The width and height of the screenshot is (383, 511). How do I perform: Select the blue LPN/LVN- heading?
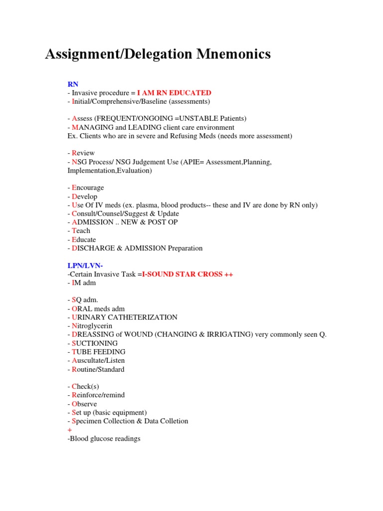[x=85, y=265]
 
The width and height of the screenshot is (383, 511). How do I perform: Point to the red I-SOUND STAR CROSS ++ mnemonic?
[x=188, y=274]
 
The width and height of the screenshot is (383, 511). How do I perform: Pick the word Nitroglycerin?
[x=92, y=326]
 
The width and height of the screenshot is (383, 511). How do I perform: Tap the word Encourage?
[x=88, y=188]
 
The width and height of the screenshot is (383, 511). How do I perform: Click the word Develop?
[x=85, y=197]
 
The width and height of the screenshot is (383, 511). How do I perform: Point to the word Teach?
[x=81, y=231]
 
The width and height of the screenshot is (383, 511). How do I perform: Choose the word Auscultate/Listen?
[x=98, y=360]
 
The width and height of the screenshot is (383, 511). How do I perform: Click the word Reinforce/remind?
[x=98, y=395]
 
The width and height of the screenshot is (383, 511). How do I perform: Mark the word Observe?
[x=84, y=404]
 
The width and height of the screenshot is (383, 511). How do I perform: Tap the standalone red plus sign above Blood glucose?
[x=69, y=430]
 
